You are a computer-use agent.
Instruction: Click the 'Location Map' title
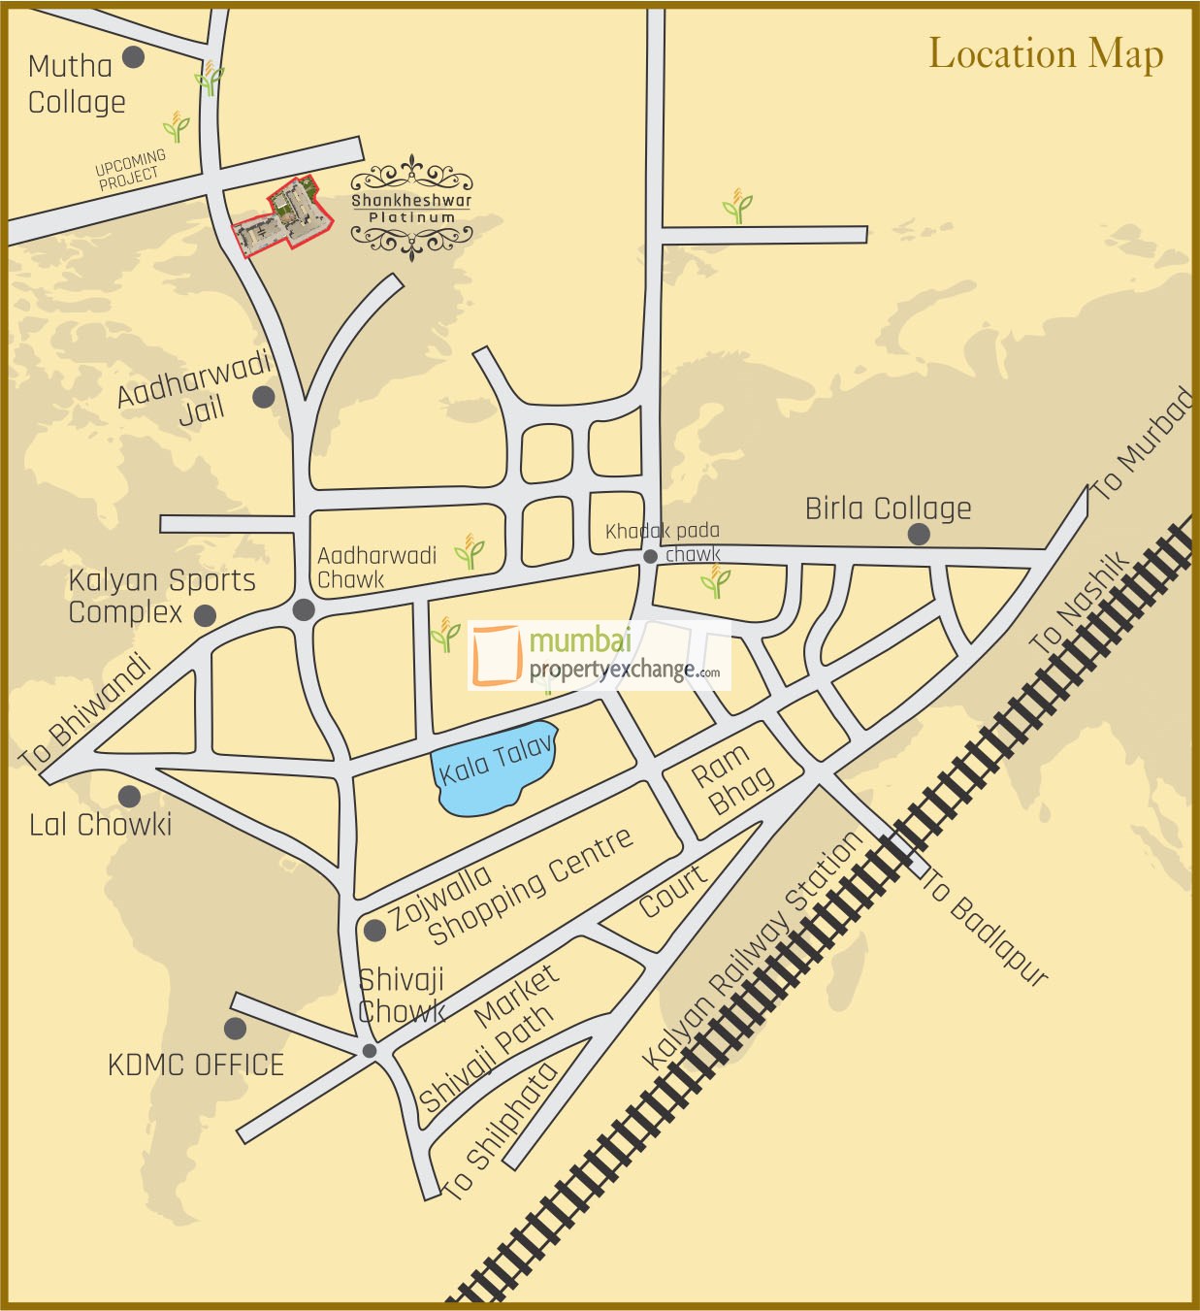pyautogui.click(x=1046, y=54)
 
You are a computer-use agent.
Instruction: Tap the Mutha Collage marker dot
pyautogui.click(x=134, y=57)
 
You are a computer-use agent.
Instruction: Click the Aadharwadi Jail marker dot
pyautogui.click(x=263, y=397)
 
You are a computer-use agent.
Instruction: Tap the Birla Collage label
pyautogui.click(x=888, y=508)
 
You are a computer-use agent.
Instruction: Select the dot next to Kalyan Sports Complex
pyautogui.click(x=205, y=615)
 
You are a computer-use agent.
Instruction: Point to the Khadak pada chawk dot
pyautogui.click(x=650, y=556)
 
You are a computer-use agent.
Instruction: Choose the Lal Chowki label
pyautogui.click(x=100, y=825)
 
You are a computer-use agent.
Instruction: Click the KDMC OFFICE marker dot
pyautogui.click(x=235, y=1029)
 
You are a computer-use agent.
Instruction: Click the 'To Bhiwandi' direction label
pyautogui.click(x=85, y=712)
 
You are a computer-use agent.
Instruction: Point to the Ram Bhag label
pyautogui.click(x=731, y=779)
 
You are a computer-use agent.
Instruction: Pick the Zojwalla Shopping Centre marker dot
pyautogui.click(x=374, y=931)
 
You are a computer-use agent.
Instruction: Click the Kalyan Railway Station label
pyautogui.click(x=753, y=950)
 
